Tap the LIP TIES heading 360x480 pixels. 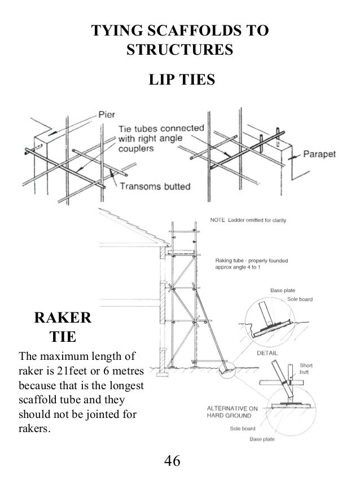pyautogui.click(x=181, y=81)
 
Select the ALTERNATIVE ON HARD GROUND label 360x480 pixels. pyautogui.click(x=231, y=411)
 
